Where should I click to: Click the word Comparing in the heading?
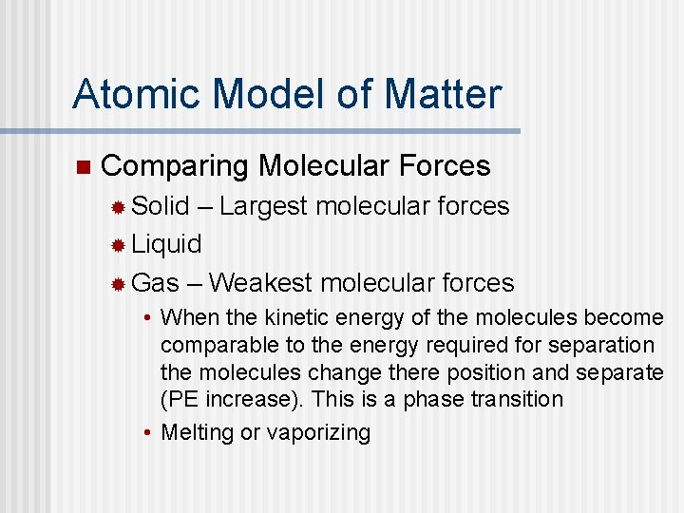click(174, 167)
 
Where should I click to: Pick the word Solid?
click(161, 205)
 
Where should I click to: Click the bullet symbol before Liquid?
click(118, 245)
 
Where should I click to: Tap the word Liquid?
click(167, 244)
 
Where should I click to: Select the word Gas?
click(155, 282)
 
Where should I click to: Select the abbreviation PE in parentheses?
click(184, 399)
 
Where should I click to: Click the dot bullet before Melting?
click(149, 433)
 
